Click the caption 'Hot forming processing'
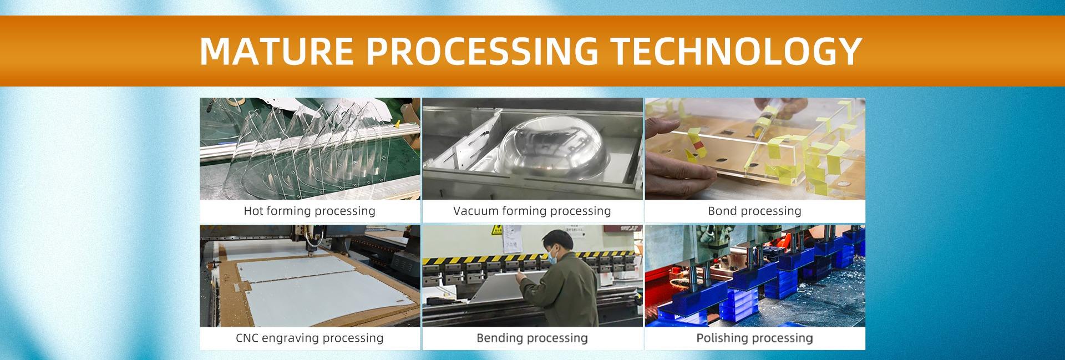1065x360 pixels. pyautogui.click(x=310, y=211)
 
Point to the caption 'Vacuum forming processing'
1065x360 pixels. pyautogui.click(x=532, y=211)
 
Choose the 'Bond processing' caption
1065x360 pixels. pyautogui.click(x=754, y=211)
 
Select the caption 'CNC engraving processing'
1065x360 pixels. pyautogui.click(x=310, y=338)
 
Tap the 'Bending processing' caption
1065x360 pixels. pyautogui.click(x=532, y=338)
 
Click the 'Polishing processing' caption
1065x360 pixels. pyautogui.click(x=754, y=338)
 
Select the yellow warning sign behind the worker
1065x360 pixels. pyautogui.click(x=498, y=230)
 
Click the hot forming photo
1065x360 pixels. pyautogui.click(x=310, y=149)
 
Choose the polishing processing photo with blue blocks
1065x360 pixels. pyautogui.click(x=755, y=276)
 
